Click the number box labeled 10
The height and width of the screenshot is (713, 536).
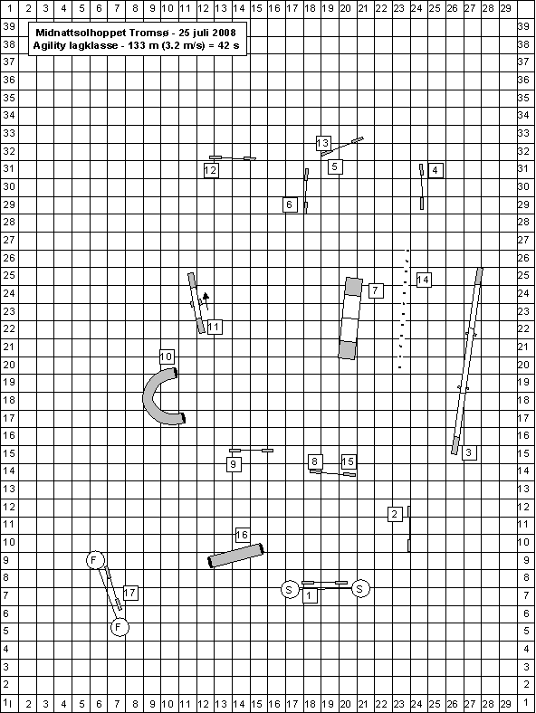coord(167,356)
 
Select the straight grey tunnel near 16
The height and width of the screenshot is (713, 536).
coord(236,556)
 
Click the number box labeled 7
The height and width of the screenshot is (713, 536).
coord(376,290)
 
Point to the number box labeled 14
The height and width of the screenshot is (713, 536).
coord(423,280)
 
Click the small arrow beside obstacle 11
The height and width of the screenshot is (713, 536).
coord(206,300)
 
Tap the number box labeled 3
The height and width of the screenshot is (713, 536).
coord(469,452)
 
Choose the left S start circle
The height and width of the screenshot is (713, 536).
coord(290,590)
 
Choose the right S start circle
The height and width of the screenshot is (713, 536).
coord(360,589)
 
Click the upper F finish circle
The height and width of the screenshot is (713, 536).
coord(95,560)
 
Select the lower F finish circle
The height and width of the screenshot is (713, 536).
coord(120,628)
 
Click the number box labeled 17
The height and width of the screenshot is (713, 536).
coord(130,593)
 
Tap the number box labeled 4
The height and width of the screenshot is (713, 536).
coord(435,170)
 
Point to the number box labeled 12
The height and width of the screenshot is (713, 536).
coord(211,170)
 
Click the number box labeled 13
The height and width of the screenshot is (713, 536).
coord(323,143)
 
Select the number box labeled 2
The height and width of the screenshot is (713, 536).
coord(395,514)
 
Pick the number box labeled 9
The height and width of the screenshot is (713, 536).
coord(234,464)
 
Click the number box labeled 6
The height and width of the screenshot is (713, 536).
coord(290,204)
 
